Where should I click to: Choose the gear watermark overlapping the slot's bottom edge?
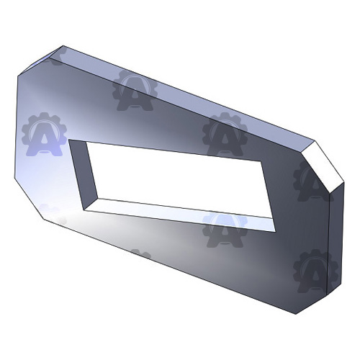225,227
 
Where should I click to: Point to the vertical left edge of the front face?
15,130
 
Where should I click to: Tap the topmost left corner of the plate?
60,46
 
